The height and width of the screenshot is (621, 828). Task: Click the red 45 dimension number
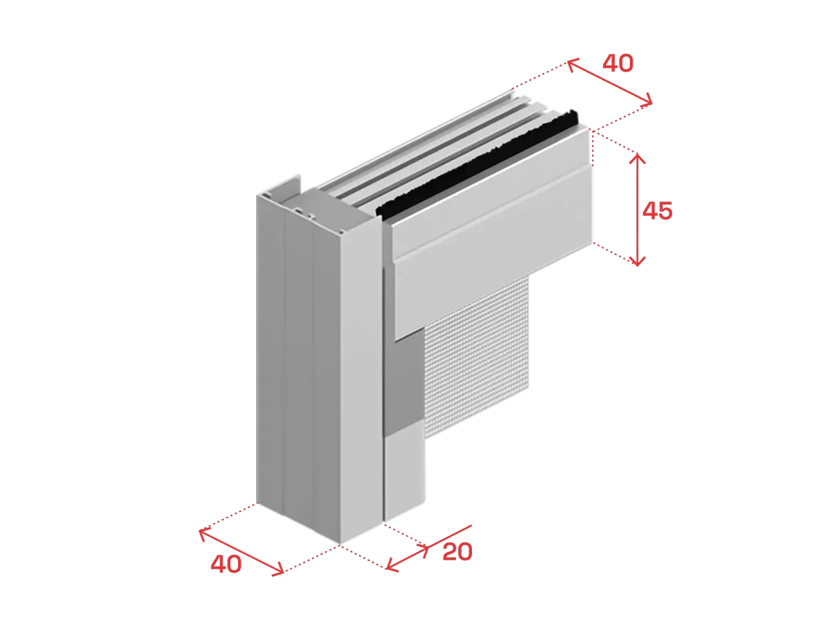click(x=657, y=210)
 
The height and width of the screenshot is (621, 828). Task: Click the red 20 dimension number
click(x=457, y=551)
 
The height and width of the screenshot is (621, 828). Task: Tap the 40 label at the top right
click(x=618, y=63)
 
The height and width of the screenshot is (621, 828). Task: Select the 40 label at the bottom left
click(x=226, y=564)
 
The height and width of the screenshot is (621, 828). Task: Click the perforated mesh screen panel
click(x=477, y=358)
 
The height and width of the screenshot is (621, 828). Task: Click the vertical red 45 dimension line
click(x=637, y=210)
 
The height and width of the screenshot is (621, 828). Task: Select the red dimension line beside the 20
click(x=429, y=546)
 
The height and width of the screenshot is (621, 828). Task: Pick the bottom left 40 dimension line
click(x=241, y=553)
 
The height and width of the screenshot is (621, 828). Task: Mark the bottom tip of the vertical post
click(x=339, y=544)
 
